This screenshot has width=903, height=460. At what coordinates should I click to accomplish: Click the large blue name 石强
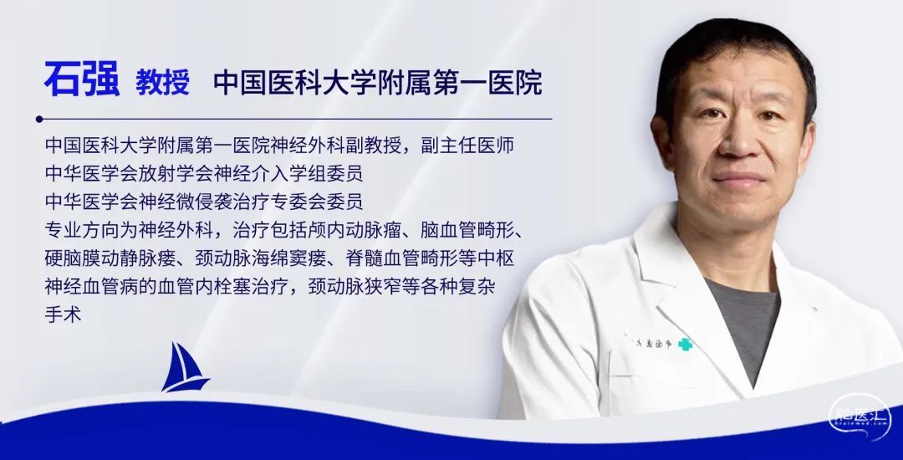point(82,79)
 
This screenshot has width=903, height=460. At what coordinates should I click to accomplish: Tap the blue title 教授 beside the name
point(162,82)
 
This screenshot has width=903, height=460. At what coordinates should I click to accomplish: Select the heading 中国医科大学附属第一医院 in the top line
point(378,82)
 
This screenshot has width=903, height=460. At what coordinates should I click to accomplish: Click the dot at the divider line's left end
point(39,119)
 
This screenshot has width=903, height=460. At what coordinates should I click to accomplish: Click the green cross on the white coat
point(684,345)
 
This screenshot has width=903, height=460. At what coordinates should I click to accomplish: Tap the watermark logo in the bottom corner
point(860,417)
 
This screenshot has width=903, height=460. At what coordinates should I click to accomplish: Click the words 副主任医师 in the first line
point(467,145)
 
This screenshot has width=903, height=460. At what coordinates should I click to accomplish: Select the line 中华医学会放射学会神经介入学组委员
point(204,173)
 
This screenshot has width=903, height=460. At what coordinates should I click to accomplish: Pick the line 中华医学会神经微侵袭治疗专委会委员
point(204,202)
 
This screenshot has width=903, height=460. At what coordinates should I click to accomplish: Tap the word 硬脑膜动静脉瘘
point(110,258)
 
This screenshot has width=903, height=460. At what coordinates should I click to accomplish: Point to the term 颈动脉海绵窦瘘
point(260,258)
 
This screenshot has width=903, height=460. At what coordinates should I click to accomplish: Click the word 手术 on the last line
point(64,314)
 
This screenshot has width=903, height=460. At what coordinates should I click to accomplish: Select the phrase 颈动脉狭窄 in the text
point(355,286)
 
